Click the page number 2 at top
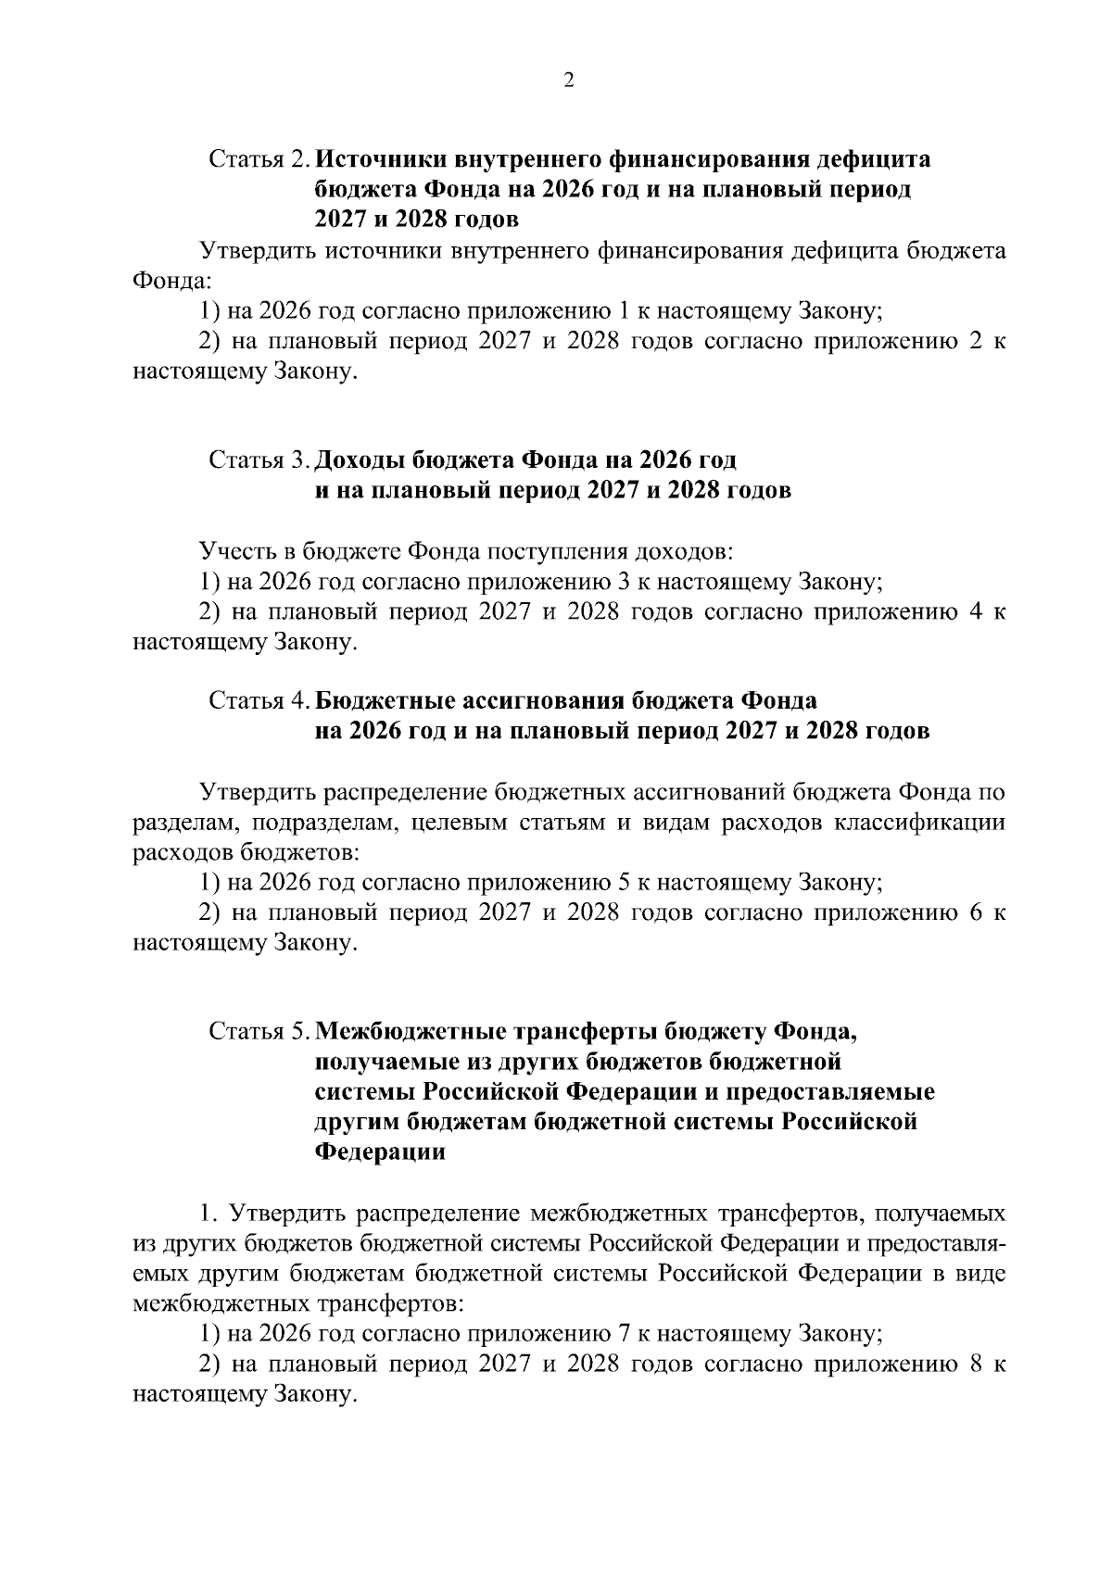569,81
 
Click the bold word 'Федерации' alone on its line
380,1152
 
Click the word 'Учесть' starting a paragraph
237,552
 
